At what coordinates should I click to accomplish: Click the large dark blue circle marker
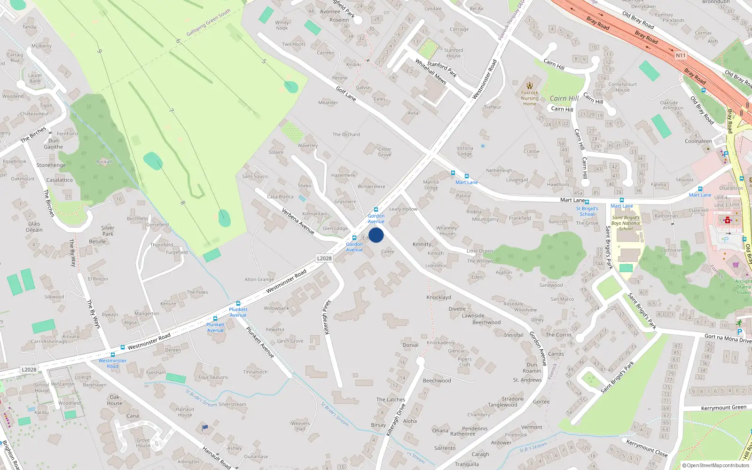[x=376, y=235]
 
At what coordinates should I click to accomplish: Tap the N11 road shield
[x=681, y=55]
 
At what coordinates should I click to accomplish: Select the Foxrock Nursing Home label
[x=530, y=98]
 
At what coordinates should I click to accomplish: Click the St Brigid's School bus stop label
[x=587, y=211]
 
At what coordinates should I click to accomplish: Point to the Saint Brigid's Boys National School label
[x=626, y=223]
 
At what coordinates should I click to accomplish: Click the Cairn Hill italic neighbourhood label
[x=564, y=98]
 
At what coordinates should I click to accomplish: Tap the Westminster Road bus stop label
[x=112, y=363]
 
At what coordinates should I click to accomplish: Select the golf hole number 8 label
[x=182, y=203]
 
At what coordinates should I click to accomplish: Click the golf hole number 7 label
[x=172, y=110]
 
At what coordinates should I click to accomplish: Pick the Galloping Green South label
[x=208, y=23]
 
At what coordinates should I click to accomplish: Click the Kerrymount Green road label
[x=723, y=407]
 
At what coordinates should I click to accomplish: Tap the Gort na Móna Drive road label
[x=728, y=338]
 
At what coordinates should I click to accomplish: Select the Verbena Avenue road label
[x=298, y=221]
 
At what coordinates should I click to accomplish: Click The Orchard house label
[x=346, y=134]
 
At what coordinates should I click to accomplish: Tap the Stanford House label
[x=454, y=53]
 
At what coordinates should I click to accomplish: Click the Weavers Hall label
[x=300, y=426]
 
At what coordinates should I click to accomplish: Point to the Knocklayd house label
[x=439, y=298]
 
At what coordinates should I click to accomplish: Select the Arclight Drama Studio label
[x=743, y=287]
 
